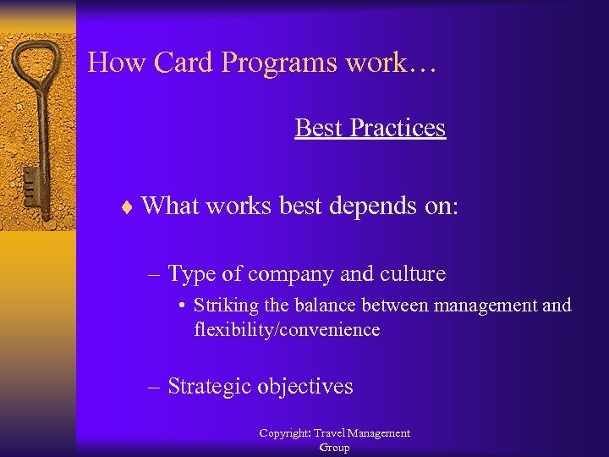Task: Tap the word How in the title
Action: (x=109, y=63)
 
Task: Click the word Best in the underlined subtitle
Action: (x=319, y=128)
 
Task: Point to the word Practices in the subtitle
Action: (x=398, y=128)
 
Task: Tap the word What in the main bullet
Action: (x=172, y=206)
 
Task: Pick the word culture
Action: (x=414, y=274)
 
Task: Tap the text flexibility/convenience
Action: (x=287, y=329)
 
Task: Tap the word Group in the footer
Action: (x=334, y=448)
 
